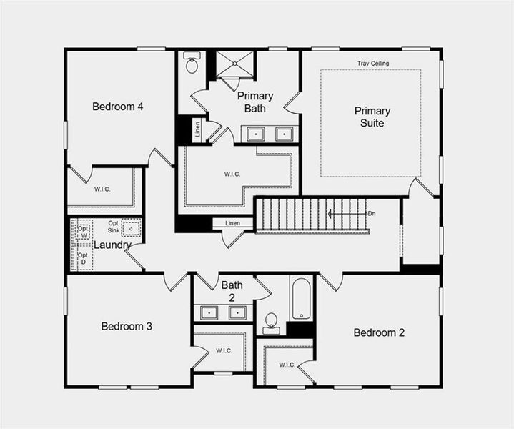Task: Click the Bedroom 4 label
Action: [118, 107]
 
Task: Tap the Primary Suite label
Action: [372, 117]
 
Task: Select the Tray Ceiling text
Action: [373, 64]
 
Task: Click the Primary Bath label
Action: [255, 102]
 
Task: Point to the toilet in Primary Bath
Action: [192, 64]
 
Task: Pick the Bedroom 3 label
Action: [127, 326]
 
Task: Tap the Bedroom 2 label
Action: [379, 332]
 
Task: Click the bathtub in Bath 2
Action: [301, 299]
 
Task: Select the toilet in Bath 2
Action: [272, 323]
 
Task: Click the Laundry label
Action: [113, 245]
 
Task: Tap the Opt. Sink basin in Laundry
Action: [131, 229]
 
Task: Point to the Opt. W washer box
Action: [84, 230]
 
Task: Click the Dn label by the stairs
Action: [371, 213]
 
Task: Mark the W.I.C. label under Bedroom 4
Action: [102, 189]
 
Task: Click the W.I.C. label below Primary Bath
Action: [233, 173]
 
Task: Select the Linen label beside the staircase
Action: [233, 224]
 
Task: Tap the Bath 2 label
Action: [232, 291]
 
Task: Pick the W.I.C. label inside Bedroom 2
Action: [287, 365]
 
